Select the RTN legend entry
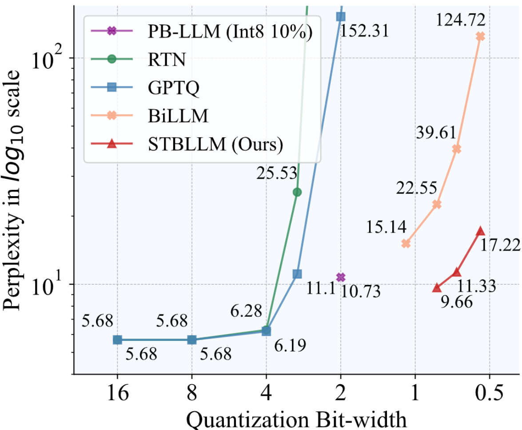click(167, 59)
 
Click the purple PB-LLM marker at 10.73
click(341, 277)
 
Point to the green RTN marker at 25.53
click(297, 192)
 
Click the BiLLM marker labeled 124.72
click(480, 36)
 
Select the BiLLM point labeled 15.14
click(406, 243)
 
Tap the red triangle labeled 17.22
click(480, 231)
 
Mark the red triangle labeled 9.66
click(437, 288)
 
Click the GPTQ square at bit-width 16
click(117, 339)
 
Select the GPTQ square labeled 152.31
click(341, 16)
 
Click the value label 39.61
click(436, 132)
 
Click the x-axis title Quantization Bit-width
click(296, 418)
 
